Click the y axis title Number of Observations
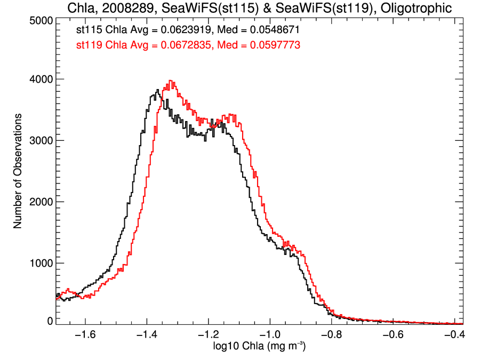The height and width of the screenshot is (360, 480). pos(18,171)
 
